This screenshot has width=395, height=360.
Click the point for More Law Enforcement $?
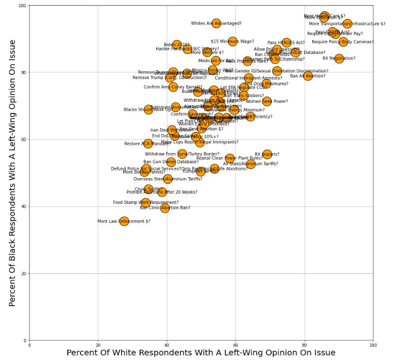pyautogui.click(x=124, y=221)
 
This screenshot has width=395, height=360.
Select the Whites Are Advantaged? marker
pyautogui.click(x=216, y=24)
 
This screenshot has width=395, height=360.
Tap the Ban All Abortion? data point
pyautogui.click(x=308, y=76)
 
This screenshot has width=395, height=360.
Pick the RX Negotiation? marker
pyautogui.click(x=339, y=59)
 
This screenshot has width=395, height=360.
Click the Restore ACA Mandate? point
pyautogui.click(x=148, y=144)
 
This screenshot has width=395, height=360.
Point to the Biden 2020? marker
pyautogui.click(x=177, y=45)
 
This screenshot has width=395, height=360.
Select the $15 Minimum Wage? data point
pyautogui.click(x=233, y=41)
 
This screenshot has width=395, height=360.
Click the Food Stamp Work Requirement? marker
pyautogui.click(x=146, y=203)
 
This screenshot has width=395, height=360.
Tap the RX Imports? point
pyautogui.click(x=267, y=154)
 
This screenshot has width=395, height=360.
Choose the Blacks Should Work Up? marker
pyautogui.click(x=148, y=109)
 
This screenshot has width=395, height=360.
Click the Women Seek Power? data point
pyautogui.click(x=267, y=101)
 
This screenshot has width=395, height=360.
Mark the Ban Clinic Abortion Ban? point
pyautogui.click(x=164, y=208)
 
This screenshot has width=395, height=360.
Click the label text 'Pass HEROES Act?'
pyautogui.click(x=286, y=43)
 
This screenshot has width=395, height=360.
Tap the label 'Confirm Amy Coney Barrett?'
pyautogui.click(x=173, y=87)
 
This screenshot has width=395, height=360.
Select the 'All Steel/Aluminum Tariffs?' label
pyautogui.click(x=250, y=164)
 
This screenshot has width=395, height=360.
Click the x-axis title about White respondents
pyautogui.click(x=201, y=353)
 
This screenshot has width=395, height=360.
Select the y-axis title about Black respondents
pyautogui.click(x=13, y=173)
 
